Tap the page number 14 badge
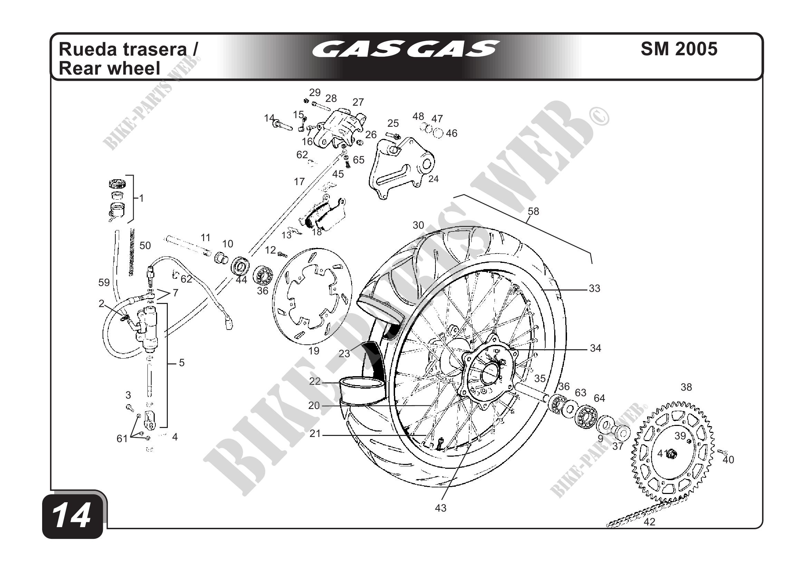[72, 516]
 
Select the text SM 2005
[679, 49]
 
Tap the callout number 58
[533, 211]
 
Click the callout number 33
[594, 288]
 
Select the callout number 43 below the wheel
[440, 508]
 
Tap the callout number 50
[145, 245]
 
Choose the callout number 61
[122, 439]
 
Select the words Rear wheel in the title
[109, 68]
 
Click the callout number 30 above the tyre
[418, 225]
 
